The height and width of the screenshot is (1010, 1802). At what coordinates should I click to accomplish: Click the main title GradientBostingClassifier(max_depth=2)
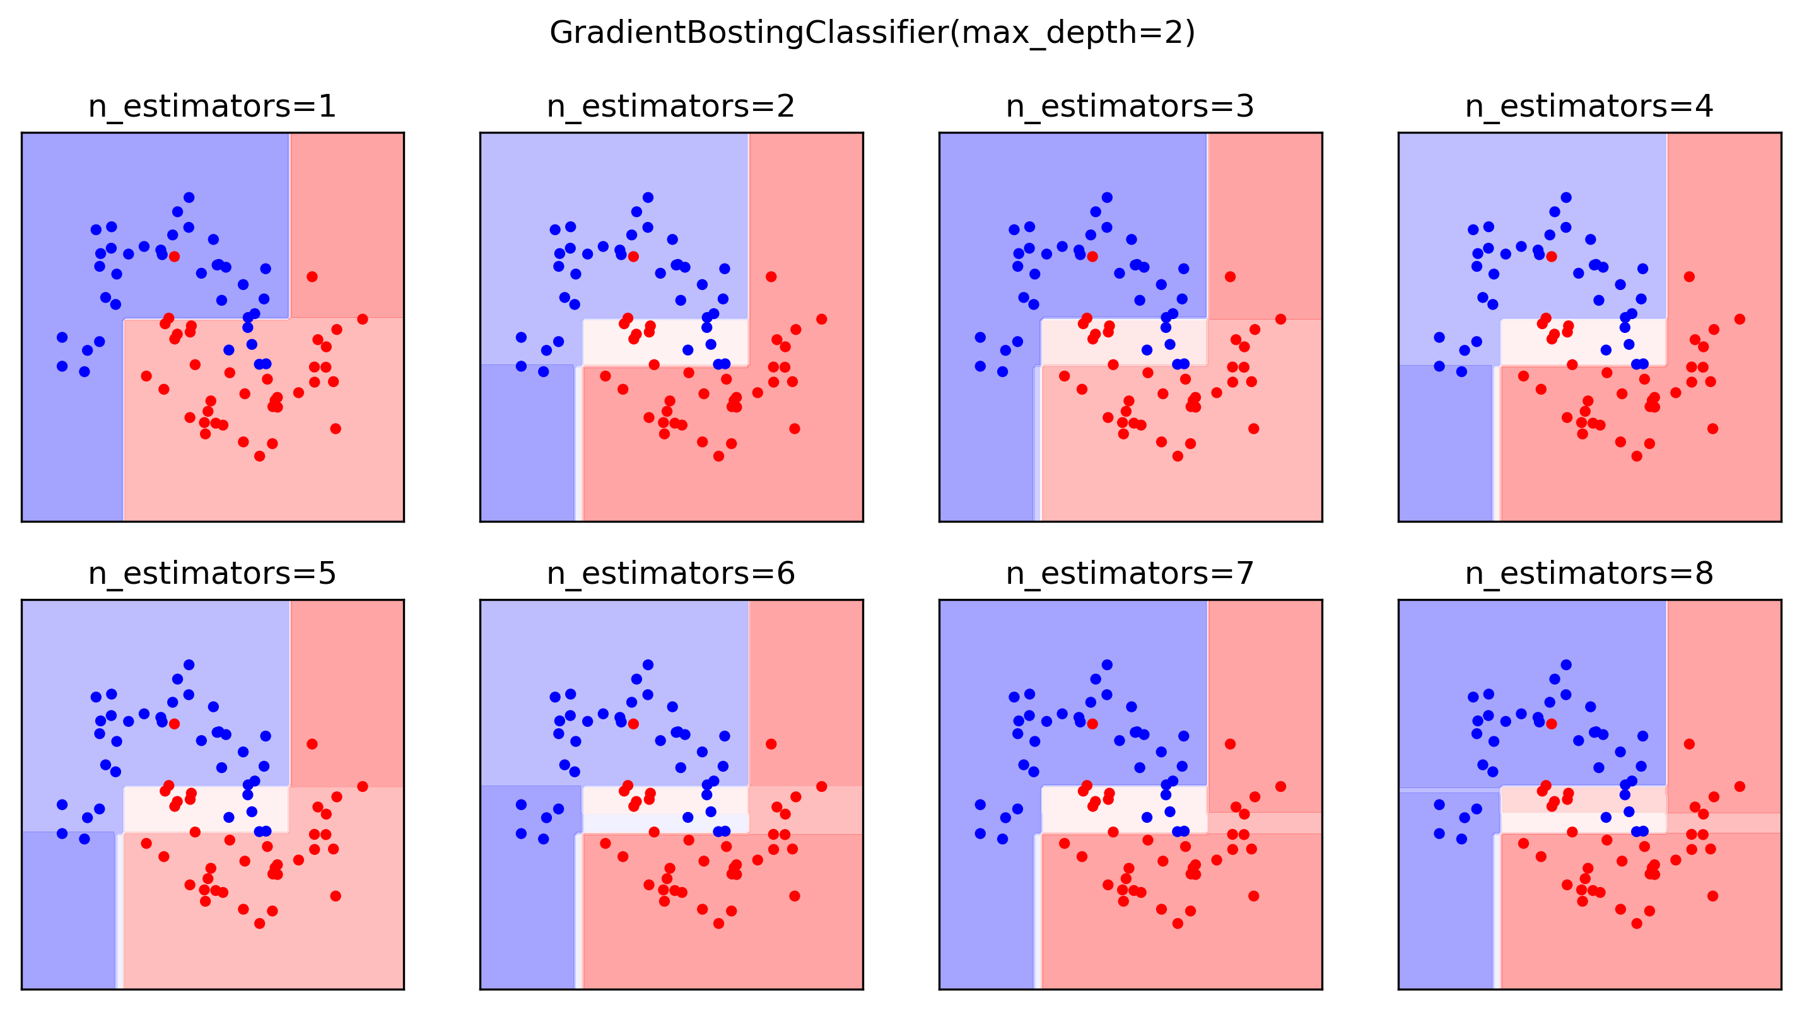(x=872, y=33)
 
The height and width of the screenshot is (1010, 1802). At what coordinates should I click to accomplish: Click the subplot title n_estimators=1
(x=212, y=107)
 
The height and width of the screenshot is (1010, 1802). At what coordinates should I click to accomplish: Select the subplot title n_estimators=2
(x=671, y=107)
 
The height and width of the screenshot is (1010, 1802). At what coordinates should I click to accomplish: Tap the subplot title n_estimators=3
(x=1130, y=107)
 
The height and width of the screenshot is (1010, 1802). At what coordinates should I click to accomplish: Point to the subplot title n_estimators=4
(x=1589, y=107)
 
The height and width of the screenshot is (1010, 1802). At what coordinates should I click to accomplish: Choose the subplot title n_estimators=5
(x=212, y=574)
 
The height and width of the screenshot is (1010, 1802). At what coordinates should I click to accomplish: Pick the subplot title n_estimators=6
(x=671, y=574)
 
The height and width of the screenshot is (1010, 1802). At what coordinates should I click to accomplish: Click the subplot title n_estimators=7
(x=1130, y=574)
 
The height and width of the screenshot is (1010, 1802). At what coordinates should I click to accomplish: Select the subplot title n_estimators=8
(x=1589, y=574)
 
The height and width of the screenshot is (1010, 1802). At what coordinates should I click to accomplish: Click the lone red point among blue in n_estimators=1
(x=174, y=257)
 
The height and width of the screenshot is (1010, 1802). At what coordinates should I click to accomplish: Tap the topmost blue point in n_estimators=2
(x=648, y=197)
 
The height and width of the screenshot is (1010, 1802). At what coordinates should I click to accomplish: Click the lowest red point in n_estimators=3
(x=1178, y=456)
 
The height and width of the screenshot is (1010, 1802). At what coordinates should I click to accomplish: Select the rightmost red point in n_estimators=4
(x=1740, y=319)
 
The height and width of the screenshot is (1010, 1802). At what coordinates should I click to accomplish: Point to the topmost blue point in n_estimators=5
(x=189, y=665)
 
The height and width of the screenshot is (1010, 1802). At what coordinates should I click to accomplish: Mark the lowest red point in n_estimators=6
(x=718, y=923)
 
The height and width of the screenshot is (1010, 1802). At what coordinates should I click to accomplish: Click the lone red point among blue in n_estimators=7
(x=1092, y=724)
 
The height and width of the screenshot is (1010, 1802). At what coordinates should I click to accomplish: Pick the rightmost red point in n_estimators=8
(x=1740, y=786)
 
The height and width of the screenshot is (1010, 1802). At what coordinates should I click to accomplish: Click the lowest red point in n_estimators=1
(x=259, y=456)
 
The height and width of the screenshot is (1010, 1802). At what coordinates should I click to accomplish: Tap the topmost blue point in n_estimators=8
(x=1566, y=665)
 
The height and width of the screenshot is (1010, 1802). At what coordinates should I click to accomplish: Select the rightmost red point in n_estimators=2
(x=821, y=319)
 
